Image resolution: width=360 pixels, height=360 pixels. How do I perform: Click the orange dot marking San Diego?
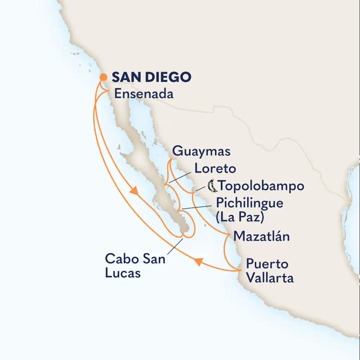103,77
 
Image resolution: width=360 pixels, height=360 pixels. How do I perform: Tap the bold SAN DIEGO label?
151,77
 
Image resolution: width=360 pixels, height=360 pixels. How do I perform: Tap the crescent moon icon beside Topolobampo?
212,185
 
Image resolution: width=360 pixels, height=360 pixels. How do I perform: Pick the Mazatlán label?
262,236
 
